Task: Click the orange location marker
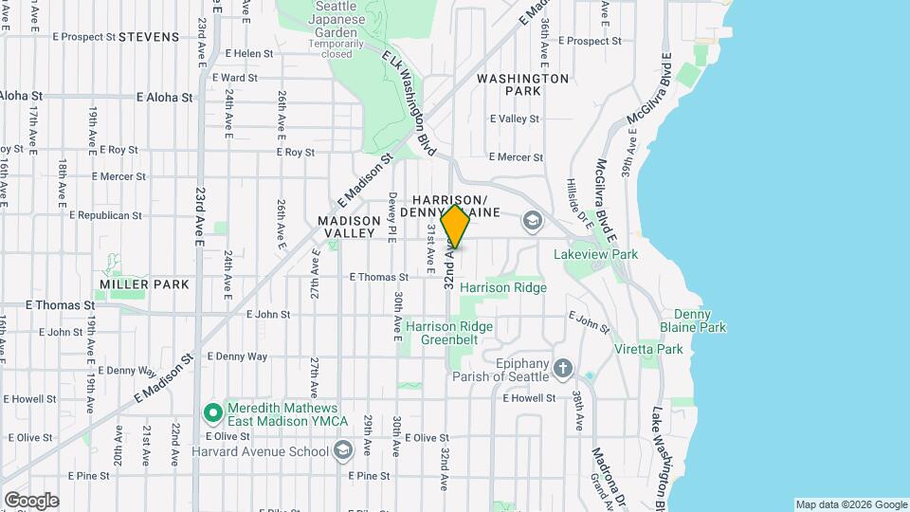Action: [x=456, y=227]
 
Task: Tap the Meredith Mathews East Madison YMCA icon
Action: [x=212, y=412]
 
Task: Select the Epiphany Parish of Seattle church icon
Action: [x=563, y=368]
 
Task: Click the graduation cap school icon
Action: [x=532, y=222]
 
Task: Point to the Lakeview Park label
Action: [x=595, y=254]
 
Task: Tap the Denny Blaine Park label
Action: [x=700, y=320]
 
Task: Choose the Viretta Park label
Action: [x=662, y=349]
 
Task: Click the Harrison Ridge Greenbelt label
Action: [x=449, y=334]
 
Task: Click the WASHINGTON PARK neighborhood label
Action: [x=522, y=84]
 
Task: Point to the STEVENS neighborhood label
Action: [x=150, y=37]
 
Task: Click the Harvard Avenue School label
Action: [x=259, y=451]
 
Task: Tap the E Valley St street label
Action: [x=514, y=119]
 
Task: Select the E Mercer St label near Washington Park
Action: [x=516, y=157]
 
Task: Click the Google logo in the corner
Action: [x=31, y=500]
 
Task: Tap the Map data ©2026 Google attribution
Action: [x=851, y=504]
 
